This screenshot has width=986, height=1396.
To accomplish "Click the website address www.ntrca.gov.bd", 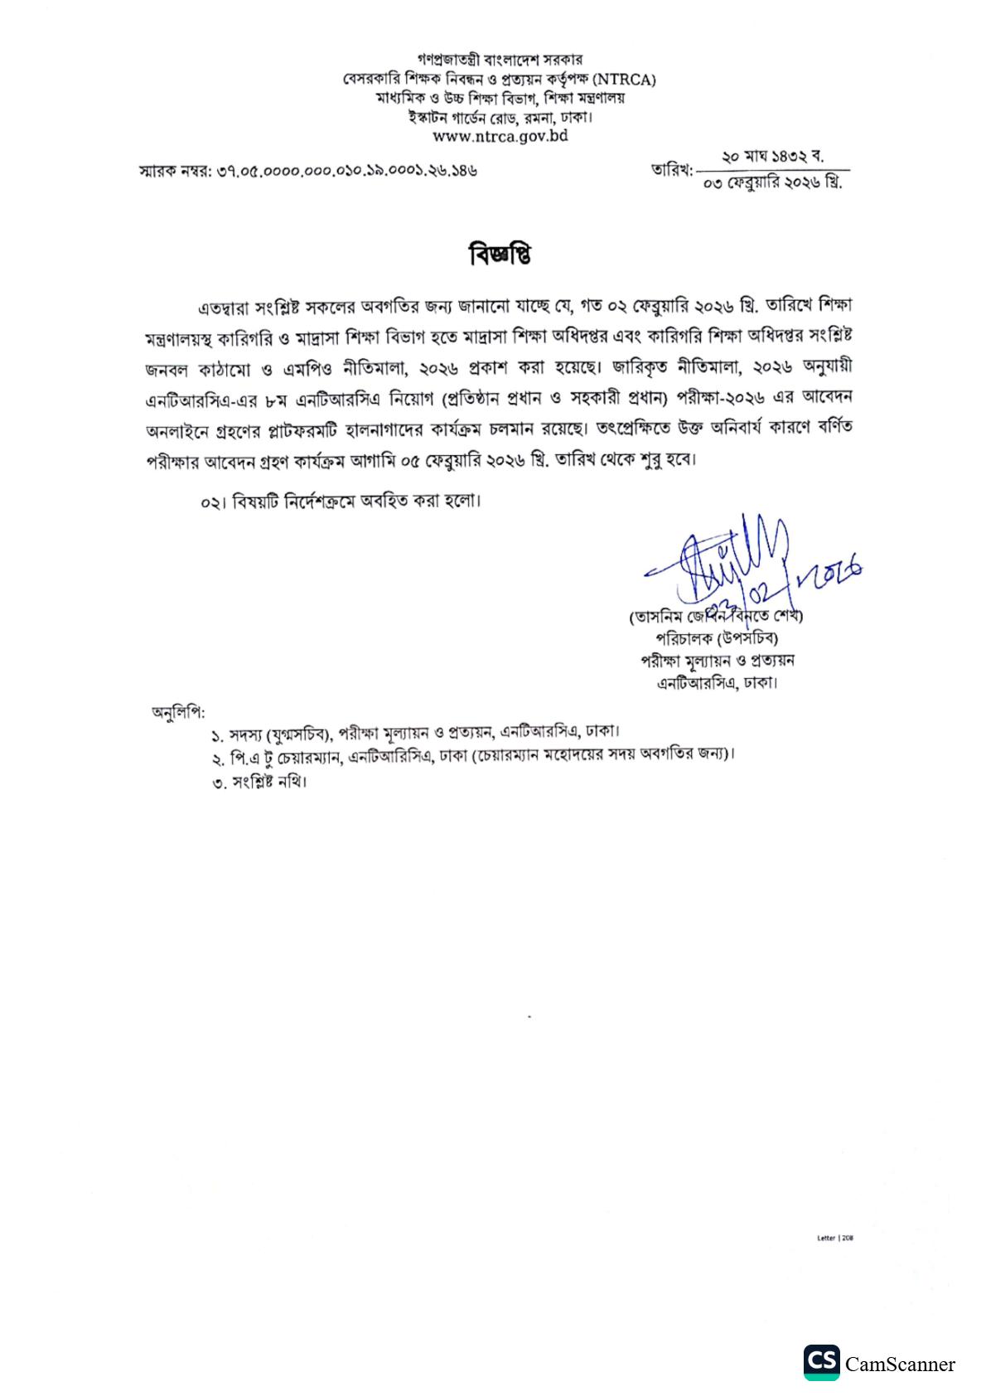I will pos(500,135).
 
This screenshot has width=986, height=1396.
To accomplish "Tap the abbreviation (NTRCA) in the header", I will pos(626,80).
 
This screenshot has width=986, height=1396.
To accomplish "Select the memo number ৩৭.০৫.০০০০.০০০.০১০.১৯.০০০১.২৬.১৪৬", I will pos(347,171).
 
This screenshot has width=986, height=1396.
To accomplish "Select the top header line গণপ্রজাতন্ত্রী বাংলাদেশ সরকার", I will pos(500,60).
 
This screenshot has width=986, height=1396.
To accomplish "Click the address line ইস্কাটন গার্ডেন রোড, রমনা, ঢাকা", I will pos(500,117).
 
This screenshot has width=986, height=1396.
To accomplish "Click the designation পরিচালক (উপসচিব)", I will pos(717,638).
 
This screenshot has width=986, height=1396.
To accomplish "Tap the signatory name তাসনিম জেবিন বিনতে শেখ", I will pos(717,617).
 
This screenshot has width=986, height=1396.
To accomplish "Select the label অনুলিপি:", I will pos(178,711).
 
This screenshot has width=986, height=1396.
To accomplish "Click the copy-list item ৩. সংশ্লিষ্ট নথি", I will pos(259,782).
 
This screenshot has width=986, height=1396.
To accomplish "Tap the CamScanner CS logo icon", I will pos(821,1363).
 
